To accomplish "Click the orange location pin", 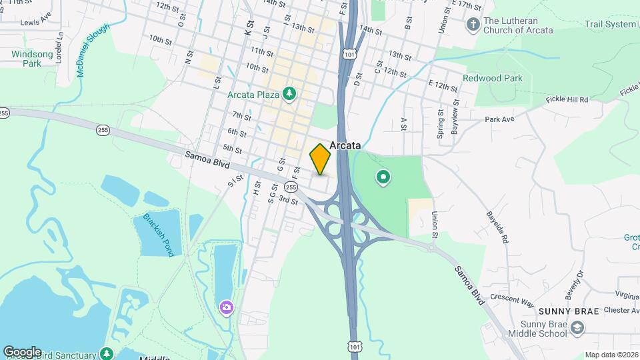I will [321, 159].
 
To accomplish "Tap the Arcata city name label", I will [344, 145].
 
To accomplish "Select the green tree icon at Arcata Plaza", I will [289, 94].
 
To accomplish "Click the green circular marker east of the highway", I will [383, 177].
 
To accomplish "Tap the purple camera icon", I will [227, 307].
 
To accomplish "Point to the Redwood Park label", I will [493, 78].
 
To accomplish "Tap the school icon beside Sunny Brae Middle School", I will [578, 327].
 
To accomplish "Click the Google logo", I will [22, 351].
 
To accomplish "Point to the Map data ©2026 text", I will [611, 355].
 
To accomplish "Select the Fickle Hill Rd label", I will [566, 99].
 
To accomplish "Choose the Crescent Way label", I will [512, 298].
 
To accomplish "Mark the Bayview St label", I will [454, 119].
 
